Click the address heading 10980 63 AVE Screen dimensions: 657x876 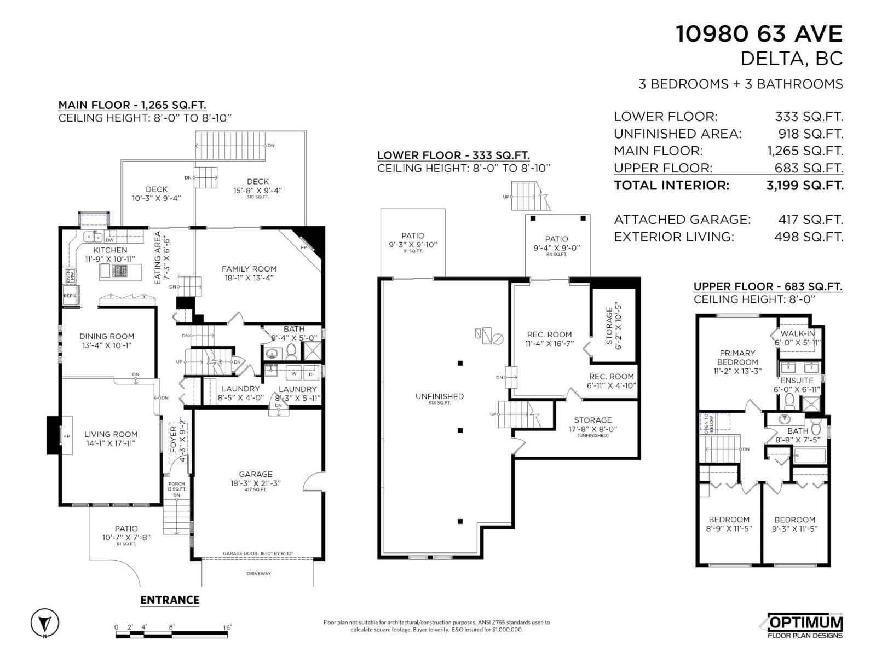(759, 34)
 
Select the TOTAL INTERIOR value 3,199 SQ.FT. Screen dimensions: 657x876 (805, 185)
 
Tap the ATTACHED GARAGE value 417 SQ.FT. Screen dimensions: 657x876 (810, 220)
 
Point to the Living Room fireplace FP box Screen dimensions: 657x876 (66, 436)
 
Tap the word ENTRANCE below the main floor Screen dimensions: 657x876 (170, 600)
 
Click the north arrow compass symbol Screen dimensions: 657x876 (45, 623)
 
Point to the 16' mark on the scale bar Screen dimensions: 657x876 (227, 627)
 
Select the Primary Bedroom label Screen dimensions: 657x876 (737, 358)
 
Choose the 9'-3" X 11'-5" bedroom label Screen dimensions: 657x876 (794, 524)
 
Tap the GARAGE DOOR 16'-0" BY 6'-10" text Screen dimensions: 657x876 (258, 554)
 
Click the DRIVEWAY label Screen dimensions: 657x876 (258, 574)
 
